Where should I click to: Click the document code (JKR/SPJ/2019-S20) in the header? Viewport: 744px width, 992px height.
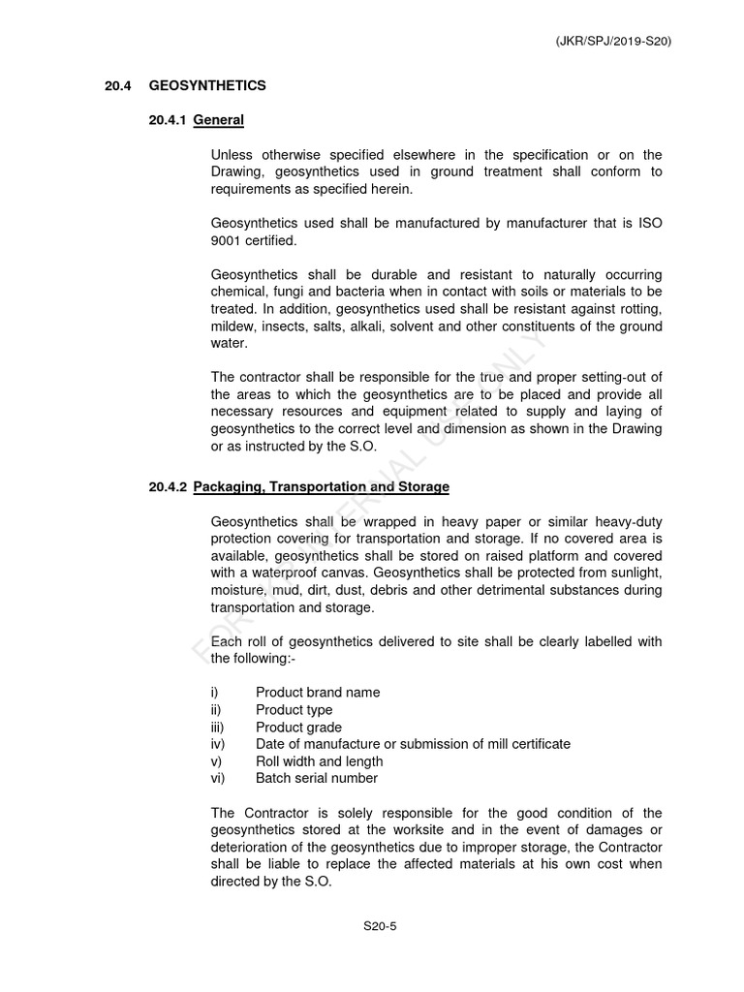(614, 42)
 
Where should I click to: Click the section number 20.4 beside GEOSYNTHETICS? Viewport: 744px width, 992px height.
(118, 86)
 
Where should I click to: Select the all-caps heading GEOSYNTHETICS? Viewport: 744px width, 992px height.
(207, 86)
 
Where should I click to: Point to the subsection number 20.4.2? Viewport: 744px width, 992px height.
(168, 486)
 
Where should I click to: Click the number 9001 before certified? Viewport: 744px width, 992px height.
(225, 241)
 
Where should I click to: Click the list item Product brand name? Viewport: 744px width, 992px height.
(318, 693)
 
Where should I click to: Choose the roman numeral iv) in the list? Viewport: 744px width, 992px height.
(217, 744)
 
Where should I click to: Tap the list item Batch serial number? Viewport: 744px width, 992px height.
(317, 778)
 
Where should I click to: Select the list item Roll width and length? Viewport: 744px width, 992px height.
(319, 761)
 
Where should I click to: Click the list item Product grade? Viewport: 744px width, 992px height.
(298, 728)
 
